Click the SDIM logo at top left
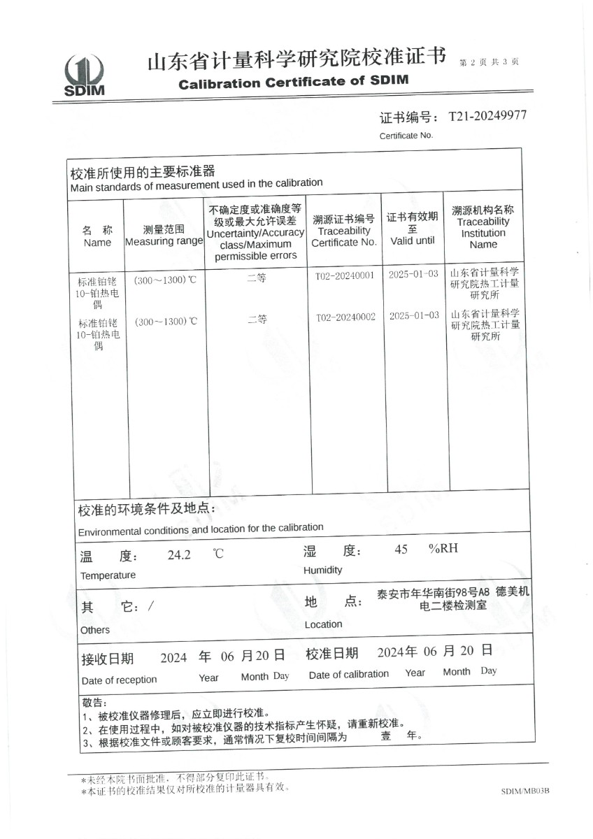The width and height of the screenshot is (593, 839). point(84,76)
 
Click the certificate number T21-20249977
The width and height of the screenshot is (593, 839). point(487,115)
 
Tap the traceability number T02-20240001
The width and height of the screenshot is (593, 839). point(345,275)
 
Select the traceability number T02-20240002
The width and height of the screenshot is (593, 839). point(345,317)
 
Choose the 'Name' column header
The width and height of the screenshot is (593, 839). point(97,243)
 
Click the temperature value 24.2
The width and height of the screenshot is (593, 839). point(179,556)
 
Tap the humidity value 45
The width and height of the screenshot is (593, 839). point(401,550)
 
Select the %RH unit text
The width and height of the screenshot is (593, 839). point(443,548)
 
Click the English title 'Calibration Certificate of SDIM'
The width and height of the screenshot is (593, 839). point(293,83)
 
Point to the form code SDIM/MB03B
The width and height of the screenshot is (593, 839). point(525,791)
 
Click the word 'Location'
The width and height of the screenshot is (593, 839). point(323,624)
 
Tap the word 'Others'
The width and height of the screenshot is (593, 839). point(95,630)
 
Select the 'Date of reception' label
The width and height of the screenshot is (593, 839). point(119,680)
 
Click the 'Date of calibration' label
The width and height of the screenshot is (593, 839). point(348,674)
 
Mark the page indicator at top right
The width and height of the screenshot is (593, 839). point(489,62)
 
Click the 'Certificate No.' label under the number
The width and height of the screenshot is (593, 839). point(406,136)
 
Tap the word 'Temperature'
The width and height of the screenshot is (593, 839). point(108,575)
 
